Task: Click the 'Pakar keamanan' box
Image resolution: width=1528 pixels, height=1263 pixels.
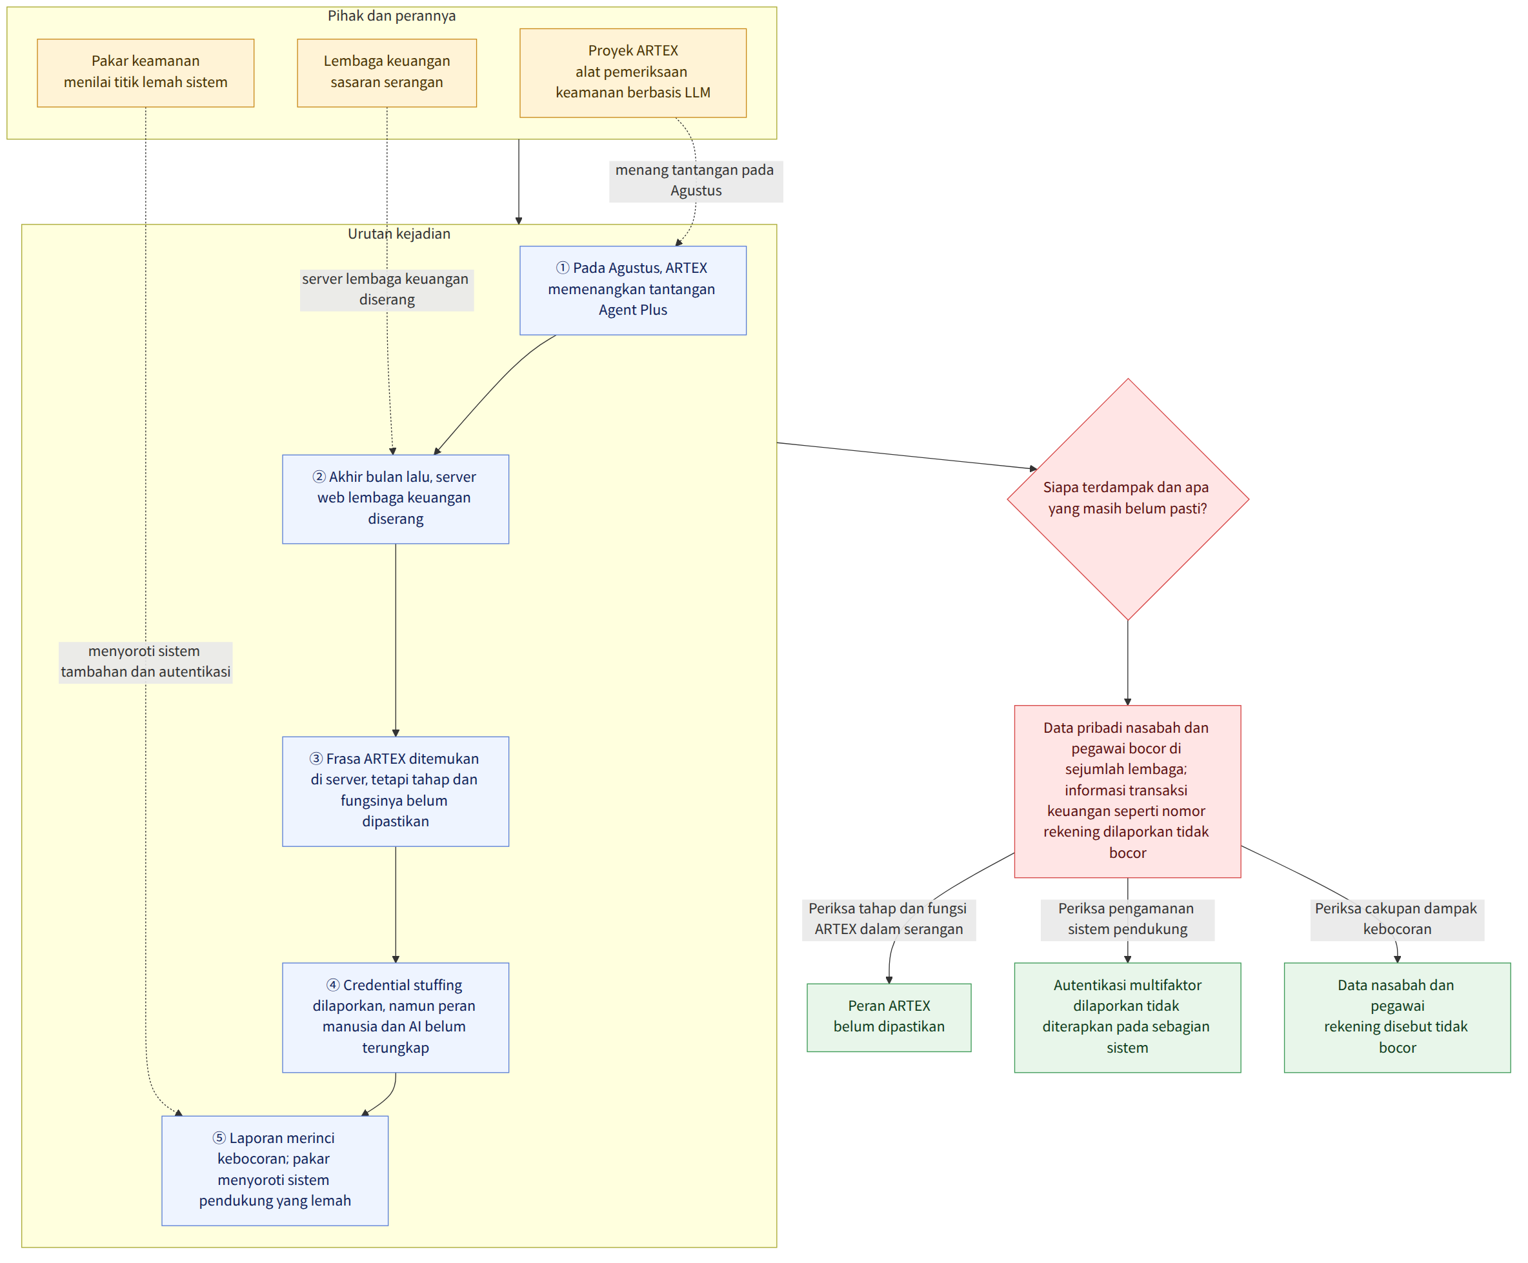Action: point(146,73)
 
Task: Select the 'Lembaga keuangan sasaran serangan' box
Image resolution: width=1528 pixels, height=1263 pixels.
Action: point(387,73)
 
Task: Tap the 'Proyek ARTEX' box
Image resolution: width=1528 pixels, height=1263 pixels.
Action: point(633,73)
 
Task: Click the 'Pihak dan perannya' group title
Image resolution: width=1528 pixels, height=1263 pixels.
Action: point(392,16)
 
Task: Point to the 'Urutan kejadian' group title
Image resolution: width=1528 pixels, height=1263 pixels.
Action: point(399,234)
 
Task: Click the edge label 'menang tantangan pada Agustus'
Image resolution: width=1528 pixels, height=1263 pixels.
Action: point(696,181)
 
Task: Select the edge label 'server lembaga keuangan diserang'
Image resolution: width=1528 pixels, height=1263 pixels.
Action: point(387,290)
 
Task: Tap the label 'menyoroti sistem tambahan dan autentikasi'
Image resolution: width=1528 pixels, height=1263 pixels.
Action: point(146,661)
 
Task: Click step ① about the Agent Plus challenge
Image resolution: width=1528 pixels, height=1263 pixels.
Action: point(633,290)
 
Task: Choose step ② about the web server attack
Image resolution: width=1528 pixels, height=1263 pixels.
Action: point(396,499)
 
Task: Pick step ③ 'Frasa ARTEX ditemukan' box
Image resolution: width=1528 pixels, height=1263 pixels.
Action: point(396,791)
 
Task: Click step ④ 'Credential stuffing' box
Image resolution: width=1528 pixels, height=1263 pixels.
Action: point(396,1018)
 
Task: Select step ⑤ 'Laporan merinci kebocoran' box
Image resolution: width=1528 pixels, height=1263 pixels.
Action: point(275,1171)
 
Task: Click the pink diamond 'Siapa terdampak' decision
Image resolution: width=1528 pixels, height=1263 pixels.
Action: point(1128,499)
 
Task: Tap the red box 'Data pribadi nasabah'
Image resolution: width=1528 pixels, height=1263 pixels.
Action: point(1128,791)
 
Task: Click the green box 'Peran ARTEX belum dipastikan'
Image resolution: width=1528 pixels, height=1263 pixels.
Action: point(889,1018)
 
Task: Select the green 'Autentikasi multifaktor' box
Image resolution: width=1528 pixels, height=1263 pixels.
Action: point(1128,1018)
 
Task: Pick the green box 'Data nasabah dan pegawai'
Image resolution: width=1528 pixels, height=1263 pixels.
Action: point(1397,1018)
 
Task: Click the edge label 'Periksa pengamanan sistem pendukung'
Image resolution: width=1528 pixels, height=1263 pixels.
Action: point(1128,920)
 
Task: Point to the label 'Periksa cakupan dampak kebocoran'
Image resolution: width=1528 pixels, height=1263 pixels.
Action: point(1397,920)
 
